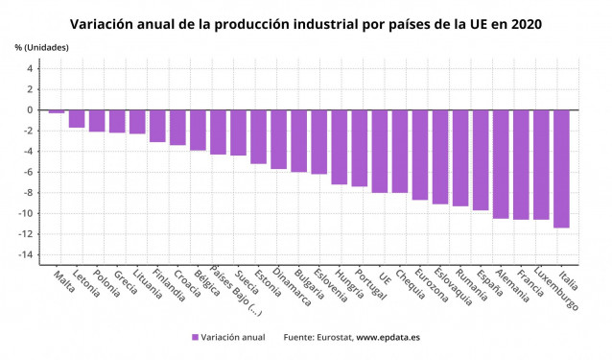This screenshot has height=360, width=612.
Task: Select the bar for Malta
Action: (57, 111)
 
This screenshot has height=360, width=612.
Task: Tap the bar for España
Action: (481, 159)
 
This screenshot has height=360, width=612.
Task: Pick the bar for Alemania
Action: (501, 164)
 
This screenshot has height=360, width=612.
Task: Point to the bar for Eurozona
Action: (420, 155)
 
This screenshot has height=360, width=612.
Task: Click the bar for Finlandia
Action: (157, 126)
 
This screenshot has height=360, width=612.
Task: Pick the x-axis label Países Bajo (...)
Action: (231, 294)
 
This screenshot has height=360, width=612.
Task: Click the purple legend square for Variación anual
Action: (195, 337)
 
